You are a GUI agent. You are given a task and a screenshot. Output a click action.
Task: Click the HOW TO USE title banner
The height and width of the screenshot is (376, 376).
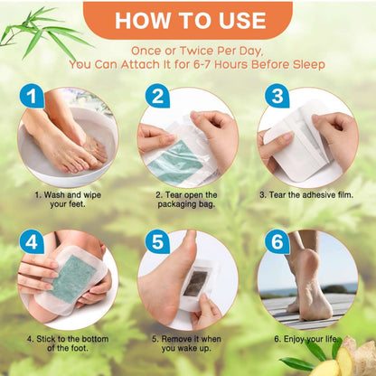[187, 19]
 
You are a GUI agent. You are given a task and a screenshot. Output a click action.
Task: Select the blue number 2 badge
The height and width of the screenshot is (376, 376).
[156, 97]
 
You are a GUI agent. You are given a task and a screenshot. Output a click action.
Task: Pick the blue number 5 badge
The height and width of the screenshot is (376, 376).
[156, 242]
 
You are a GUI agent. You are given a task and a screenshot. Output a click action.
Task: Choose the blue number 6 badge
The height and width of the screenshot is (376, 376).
[277, 242]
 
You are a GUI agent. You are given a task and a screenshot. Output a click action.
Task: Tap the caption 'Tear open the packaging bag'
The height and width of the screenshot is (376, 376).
[188, 199]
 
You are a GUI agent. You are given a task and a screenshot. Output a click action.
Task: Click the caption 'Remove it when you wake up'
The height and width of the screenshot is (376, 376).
[188, 344]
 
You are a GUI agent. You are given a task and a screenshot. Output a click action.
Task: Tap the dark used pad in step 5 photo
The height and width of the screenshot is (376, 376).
[193, 285]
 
